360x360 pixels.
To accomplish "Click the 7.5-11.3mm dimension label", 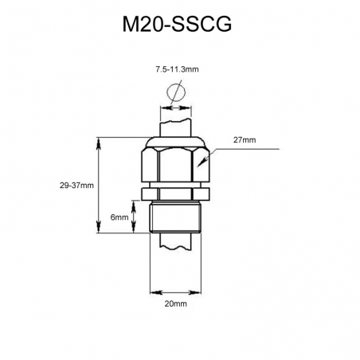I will pyautogui.click(x=177, y=71).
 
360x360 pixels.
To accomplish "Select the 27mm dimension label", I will pyautogui.click(x=245, y=140).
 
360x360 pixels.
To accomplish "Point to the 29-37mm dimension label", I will pyautogui.click(x=76, y=185).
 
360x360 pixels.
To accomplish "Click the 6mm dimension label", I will pyautogui.click(x=119, y=217).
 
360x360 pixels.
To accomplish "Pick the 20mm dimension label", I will pyautogui.click(x=176, y=304).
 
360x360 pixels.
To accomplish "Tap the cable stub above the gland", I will pyautogui.click(x=177, y=128).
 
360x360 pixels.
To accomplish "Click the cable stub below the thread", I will pyautogui.click(x=177, y=242).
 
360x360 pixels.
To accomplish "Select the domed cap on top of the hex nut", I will pyautogui.click(x=176, y=142).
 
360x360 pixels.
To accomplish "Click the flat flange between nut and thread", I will pyautogui.click(x=176, y=194).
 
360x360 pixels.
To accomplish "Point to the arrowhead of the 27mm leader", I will pyautogui.click(x=203, y=163).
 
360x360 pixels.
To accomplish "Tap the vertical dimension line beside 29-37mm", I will pyautogui.click(x=98, y=185).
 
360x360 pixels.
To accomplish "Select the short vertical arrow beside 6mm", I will pyautogui.click(x=133, y=217).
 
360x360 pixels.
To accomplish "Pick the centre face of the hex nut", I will pyautogui.click(x=176, y=167).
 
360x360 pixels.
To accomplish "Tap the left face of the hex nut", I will pyautogui.click(x=151, y=167).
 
